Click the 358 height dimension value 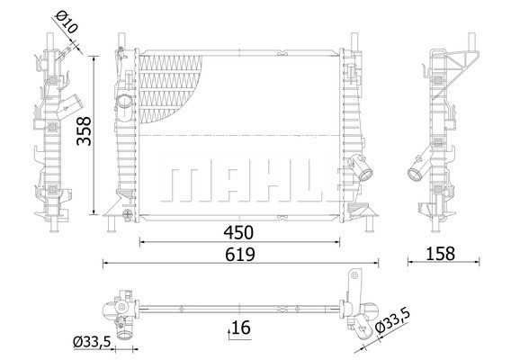pos(84,131)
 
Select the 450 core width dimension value pos(238,232)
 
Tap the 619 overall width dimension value pos(240,255)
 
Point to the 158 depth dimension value pos(440,254)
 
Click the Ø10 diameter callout pos(67,22)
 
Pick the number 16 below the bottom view pos(240,328)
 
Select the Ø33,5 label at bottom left pos(93,342)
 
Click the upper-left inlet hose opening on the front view pos(124,102)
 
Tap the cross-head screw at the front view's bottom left pos(127,214)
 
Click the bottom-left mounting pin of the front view pos(112,224)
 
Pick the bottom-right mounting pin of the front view pos(370,224)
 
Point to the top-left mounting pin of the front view pos(121,40)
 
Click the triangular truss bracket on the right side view pos(455,74)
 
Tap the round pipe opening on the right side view pos(415,174)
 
